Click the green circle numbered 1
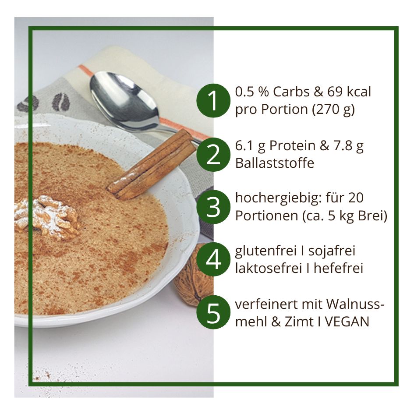pyautogui.click(x=213, y=101)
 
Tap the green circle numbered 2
pyautogui.click(x=213, y=155)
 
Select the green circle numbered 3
pyautogui.click(x=213, y=207)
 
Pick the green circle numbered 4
pyautogui.click(x=213, y=259)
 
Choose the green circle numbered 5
pyautogui.click(x=213, y=312)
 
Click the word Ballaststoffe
pyautogui.click(x=275, y=163)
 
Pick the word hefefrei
pyautogui.click(x=339, y=269)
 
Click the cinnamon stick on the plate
pyautogui.click(x=152, y=165)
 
